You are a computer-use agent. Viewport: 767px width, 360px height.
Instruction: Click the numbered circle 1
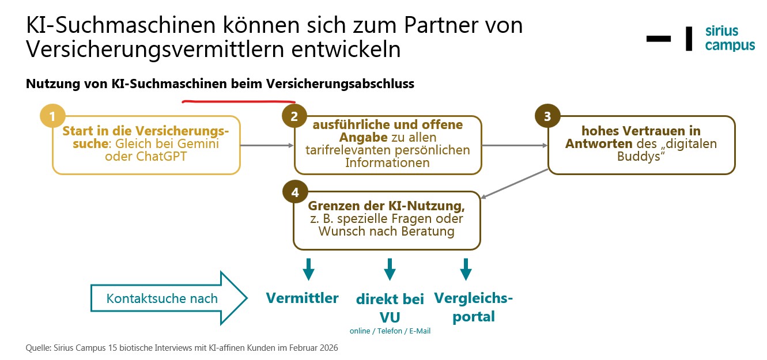[x=52, y=117]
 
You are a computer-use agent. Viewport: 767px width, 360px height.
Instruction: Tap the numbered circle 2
[x=294, y=117]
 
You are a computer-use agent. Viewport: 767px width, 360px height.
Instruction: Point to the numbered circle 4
[x=294, y=192]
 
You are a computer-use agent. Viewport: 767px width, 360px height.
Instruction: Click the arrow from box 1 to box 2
[x=266, y=146]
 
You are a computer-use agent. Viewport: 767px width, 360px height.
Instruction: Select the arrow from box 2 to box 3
[x=514, y=146]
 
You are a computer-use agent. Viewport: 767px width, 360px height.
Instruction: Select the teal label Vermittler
[x=302, y=298]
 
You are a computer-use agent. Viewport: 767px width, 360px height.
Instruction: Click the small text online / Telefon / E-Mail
[x=390, y=331]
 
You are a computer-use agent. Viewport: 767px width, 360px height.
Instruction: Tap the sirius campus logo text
[x=730, y=38]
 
